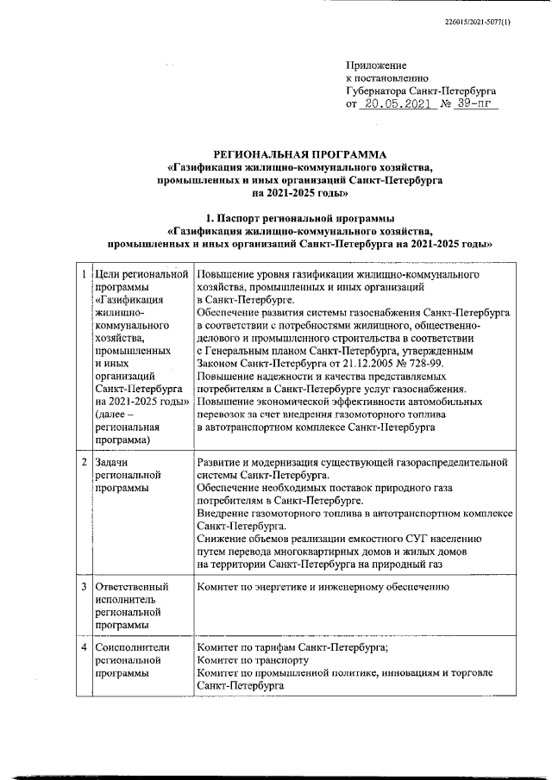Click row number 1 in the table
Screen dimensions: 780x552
tap(83, 274)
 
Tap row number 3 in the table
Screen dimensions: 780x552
tap(83, 587)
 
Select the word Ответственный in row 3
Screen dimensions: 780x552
tap(131, 587)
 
